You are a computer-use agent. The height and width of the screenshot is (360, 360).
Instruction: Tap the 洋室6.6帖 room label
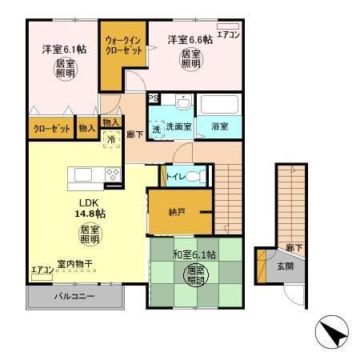[x=190, y=39]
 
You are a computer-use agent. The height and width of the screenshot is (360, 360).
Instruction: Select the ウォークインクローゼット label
[x=124, y=45]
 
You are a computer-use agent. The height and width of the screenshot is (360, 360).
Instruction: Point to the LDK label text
[x=87, y=202]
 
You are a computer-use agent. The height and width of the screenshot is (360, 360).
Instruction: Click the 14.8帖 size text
[x=90, y=214]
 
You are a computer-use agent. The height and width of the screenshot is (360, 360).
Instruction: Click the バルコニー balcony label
[x=75, y=297]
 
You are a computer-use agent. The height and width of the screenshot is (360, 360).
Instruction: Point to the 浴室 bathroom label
[x=219, y=126]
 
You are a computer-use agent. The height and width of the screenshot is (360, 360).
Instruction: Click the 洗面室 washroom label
[x=178, y=126]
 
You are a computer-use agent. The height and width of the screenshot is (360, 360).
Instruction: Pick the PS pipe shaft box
[x=153, y=98]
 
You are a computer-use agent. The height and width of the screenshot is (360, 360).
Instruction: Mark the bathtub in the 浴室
[x=219, y=106]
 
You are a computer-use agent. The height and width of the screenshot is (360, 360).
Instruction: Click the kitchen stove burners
[x=112, y=174]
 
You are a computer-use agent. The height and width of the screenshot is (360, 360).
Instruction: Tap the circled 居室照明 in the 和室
[x=194, y=277]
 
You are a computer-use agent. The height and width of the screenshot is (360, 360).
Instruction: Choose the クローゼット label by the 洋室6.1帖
[x=49, y=128]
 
